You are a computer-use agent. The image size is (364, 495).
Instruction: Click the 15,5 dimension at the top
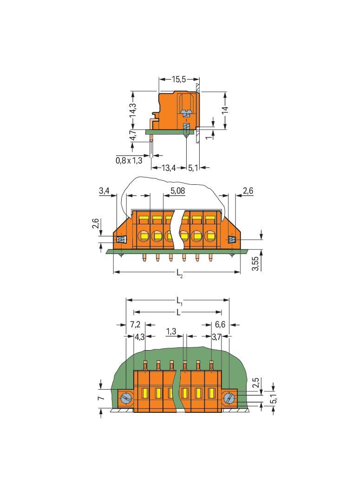(x=179, y=79)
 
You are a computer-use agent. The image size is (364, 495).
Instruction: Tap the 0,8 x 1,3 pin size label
(x=129, y=161)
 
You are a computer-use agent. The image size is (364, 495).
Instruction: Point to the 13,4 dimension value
(x=169, y=168)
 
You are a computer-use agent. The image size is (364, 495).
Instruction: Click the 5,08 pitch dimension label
(x=178, y=191)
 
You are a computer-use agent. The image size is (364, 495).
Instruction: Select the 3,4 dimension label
(x=104, y=191)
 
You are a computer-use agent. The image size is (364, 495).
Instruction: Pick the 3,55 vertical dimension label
(x=256, y=264)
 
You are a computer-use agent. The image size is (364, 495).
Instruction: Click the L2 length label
(x=179, y=274)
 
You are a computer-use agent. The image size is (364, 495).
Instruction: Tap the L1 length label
(x=179, y=301)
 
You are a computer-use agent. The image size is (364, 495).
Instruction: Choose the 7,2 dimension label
(x=135, y=324)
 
